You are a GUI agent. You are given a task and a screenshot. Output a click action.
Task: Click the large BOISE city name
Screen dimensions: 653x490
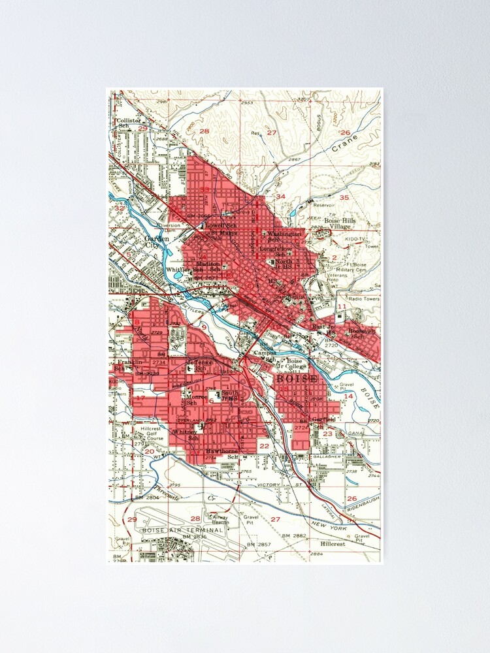297,379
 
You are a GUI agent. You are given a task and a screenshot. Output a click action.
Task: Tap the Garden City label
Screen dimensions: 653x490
157,243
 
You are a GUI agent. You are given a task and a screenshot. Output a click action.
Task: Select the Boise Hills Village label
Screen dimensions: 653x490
342,225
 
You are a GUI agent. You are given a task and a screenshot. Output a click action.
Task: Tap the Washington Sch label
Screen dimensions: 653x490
284,236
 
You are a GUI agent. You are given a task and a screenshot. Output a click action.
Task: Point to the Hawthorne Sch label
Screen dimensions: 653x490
221,454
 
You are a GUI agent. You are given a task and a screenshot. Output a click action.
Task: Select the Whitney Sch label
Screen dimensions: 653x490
185,435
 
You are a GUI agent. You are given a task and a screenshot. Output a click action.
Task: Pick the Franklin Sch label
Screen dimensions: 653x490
128,365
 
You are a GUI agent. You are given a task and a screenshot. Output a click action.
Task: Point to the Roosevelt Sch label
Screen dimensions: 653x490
361,333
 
